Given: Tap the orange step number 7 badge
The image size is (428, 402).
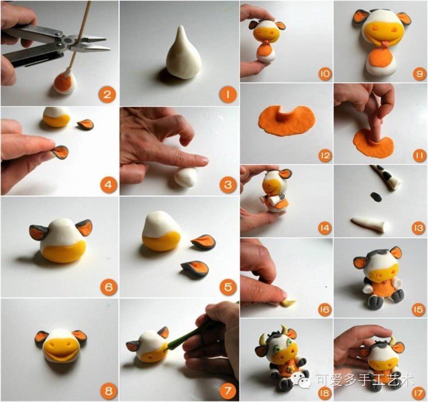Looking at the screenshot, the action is (227, 391).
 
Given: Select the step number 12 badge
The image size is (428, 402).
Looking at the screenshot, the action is (325, 155).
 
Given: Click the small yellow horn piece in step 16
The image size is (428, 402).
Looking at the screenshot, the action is (289, 302).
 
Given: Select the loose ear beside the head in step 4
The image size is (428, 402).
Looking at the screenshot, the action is (86, 124).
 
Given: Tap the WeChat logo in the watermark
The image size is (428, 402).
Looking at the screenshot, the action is (301, 380).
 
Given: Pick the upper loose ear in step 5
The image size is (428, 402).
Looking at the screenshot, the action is (203, 242).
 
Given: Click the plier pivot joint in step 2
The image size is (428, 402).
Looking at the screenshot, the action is (66, 41).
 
